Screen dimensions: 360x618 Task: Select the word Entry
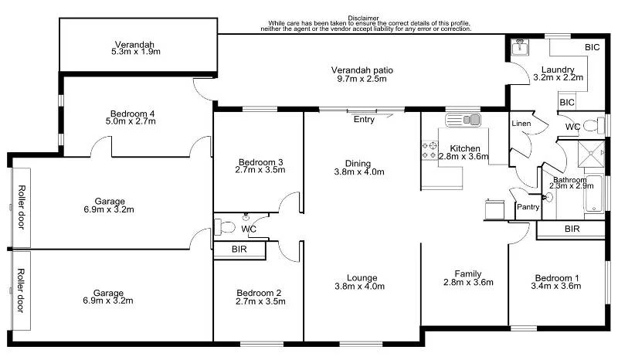(364, 120)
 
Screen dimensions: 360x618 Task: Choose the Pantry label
(528, 207)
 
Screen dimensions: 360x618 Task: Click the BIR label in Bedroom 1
(572, 229)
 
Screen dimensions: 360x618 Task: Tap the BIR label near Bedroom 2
(239, 250)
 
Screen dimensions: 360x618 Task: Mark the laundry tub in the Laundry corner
(519, 49)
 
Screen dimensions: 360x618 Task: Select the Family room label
(467, 274)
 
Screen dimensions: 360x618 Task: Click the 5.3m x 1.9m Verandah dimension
(137, 53)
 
